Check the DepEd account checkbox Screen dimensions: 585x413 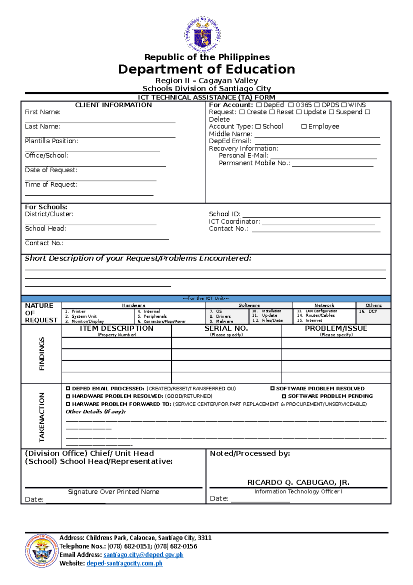click(259, 105)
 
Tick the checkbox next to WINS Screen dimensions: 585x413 click(344, 105)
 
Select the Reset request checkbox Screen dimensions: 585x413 click(272, 112)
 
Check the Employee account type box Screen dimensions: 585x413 click(304, 126)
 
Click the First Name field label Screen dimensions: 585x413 click(43, 112)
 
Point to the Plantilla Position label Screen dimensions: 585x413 click(51, 141)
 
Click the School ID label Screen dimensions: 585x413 click(224, 214)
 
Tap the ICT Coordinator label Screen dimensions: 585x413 click(234, 222)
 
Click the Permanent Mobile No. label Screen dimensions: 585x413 click(254, 163)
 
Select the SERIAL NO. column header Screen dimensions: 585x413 click(226, 329)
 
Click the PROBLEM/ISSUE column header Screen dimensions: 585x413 click(336, 329)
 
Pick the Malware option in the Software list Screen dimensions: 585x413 click(224, 321)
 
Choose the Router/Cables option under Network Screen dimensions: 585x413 click(320, 315)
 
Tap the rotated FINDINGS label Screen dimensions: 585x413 click(42, 354)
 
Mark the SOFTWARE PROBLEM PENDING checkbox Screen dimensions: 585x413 click(284, 396)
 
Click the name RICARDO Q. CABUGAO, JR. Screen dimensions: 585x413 click(298, 482)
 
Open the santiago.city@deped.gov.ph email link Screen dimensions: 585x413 click(143, 555)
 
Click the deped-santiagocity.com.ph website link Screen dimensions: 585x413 click(124, 563)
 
